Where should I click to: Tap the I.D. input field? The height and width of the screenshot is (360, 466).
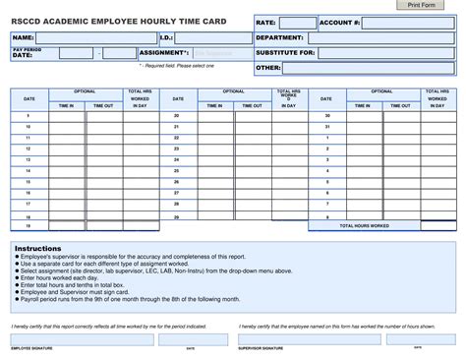(213, 38)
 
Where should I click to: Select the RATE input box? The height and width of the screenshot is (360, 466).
(298, 22)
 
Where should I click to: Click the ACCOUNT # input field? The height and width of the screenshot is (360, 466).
(407, 22)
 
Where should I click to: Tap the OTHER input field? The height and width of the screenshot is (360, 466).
(370, 68)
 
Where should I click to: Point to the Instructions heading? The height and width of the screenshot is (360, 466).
(38, 249)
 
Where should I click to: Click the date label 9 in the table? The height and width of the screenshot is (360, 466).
(29, 115)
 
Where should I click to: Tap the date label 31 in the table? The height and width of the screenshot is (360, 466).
(326, 127)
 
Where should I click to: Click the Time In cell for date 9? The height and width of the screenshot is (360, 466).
(67, 115)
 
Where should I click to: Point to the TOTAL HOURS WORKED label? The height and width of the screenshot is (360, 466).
(365, 225)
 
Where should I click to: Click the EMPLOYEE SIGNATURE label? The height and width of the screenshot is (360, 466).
(32, 347)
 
